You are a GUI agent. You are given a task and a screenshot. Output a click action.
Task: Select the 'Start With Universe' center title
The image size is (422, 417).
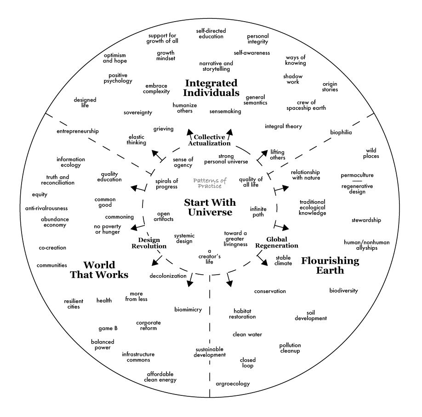[x=210, y=207]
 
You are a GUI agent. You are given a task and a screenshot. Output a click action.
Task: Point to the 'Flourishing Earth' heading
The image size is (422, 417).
[x=330, y=265]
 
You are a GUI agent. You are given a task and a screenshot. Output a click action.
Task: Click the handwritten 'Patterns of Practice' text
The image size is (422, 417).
[x=210, y=183]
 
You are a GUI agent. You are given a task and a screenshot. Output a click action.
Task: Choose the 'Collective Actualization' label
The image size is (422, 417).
[x=209, y=140]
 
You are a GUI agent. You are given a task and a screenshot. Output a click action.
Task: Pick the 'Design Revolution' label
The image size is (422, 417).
[x=152, y=243]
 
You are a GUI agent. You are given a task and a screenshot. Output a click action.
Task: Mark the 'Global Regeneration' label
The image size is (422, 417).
[x=282, y=242]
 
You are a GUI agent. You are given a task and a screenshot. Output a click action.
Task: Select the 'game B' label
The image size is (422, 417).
[x=108, y=328]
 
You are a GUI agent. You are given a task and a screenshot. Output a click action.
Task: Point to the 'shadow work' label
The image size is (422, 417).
[x=291, y=79]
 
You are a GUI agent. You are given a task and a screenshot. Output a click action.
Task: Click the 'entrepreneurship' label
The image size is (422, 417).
[x=78, y=131]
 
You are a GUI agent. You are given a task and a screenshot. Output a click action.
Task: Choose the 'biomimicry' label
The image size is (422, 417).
[x=188, y=309]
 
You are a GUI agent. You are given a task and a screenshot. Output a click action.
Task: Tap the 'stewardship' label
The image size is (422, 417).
[x=366, y=220]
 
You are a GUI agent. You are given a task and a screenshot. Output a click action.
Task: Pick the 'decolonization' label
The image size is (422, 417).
[x=168, y=276]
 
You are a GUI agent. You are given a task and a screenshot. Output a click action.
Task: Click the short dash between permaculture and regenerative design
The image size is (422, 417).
[x=357, y=181]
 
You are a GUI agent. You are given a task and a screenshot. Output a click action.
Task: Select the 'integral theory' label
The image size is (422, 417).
[x=283, y=126]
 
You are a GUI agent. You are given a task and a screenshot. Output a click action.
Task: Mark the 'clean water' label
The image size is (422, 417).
[x=247, y=334]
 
